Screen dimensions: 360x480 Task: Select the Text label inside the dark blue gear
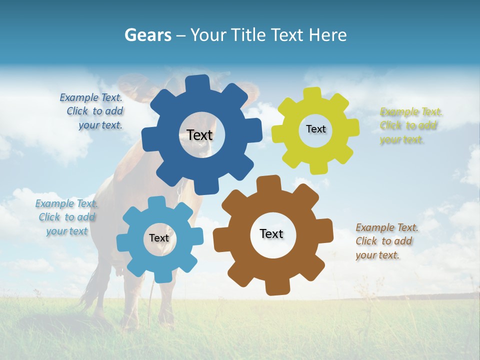pyautogui.click(x=199, y=135)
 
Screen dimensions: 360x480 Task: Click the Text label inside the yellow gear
pyautogui.click(x=315, y=129)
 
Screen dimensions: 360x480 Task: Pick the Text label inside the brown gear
pyautogui.click(x=271, y=233)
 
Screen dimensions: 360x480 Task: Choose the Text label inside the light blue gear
pyautogui.click(x=159, y=238)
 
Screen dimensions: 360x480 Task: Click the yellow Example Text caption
pyautogui.click(x=411, y=125)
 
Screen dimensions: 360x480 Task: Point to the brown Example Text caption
pyautogui.click(x=387, y=241)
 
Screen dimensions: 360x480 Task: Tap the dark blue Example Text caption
pyautogui.click(x=91, y=111)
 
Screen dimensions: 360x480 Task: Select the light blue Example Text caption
pyautogui.click(x=66, y=217)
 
